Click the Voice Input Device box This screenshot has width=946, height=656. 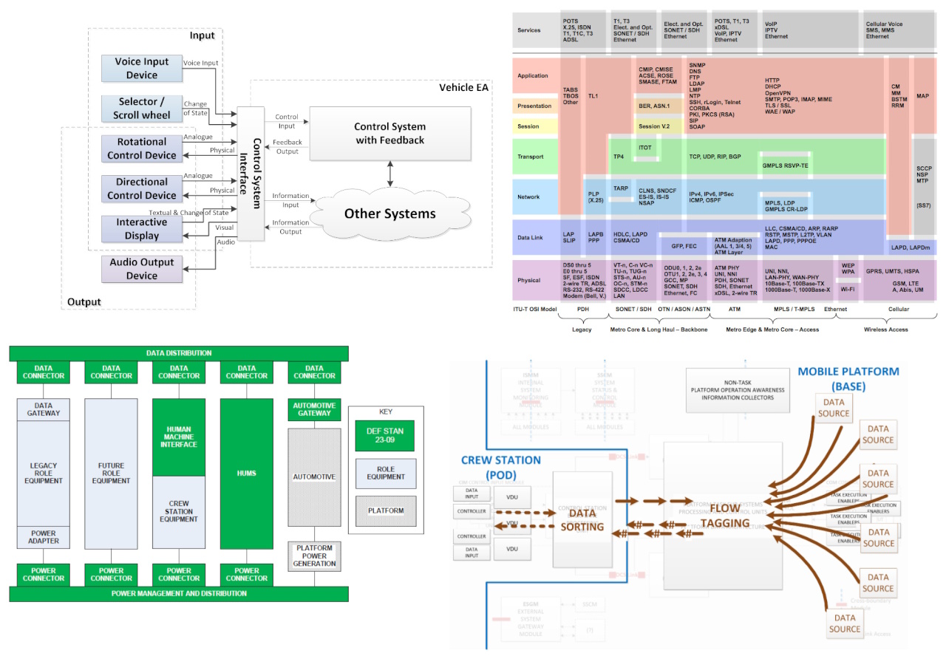coord(141,68)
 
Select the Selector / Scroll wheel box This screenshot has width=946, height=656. coord(141,108)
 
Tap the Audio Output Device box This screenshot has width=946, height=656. coord(141,269)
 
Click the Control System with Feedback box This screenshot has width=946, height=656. coord(389,133)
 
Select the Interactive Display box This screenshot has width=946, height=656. coord(141,229)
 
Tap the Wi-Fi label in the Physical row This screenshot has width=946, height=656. coord(848,289)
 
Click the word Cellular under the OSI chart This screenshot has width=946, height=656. coord(898,310)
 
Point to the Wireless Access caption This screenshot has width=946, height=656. coord(887,329)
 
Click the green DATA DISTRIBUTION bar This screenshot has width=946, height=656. coord(178,353)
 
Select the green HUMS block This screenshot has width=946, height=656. coord(247,472)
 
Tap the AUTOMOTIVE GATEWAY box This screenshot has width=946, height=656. coord(314,410)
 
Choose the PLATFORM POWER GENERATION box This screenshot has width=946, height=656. coord(314,555)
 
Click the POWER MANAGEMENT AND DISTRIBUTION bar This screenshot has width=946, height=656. coord(178,593)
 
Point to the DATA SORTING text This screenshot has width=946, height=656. coord(582,520)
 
